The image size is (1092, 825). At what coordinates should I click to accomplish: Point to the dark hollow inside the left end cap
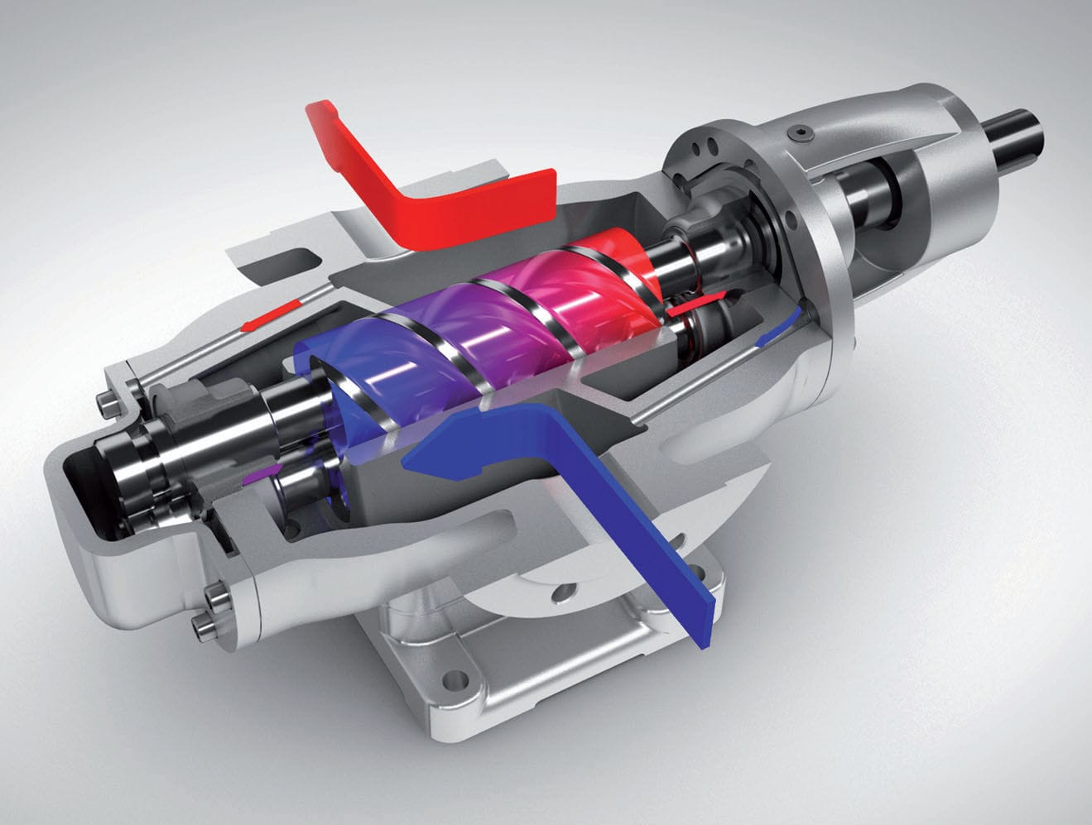79,484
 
